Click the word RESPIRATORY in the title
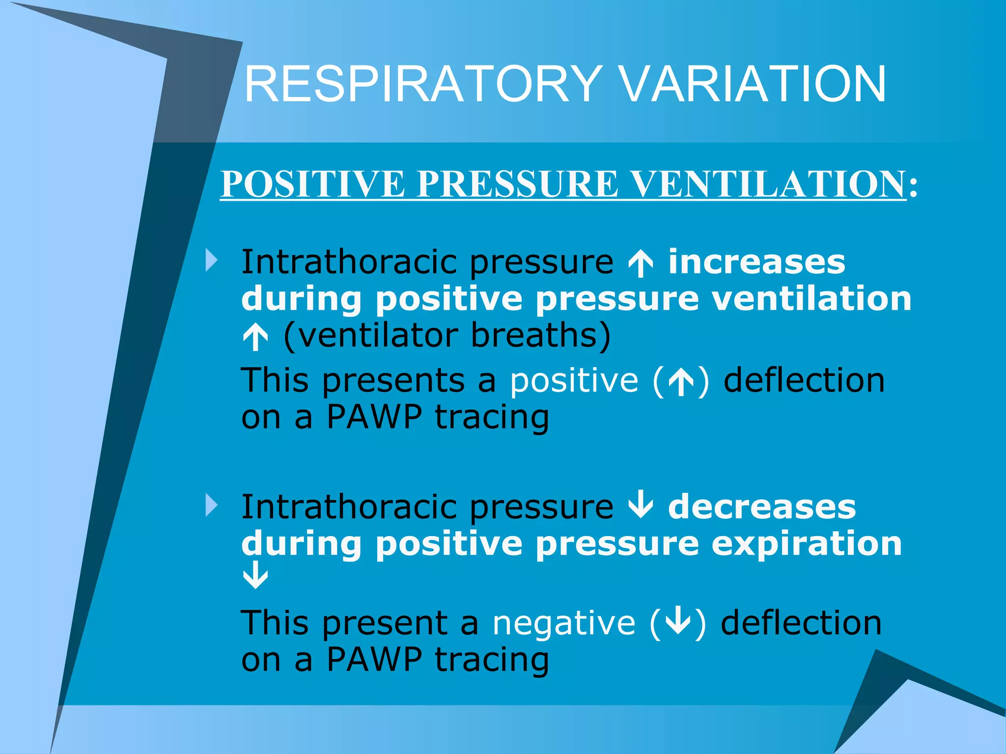[x=422, y=84]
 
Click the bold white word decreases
[x=762, y=507]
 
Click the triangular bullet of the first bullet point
[x=212, y=261]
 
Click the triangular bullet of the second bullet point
[x=212, y=506]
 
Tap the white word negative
[x=564, y=623]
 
